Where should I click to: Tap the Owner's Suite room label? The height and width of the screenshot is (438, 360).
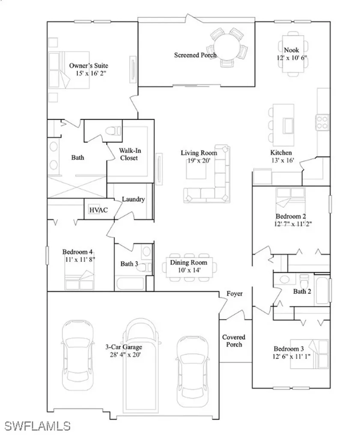tap(89, 66)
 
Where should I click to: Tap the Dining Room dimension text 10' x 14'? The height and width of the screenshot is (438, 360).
tap(188, 270)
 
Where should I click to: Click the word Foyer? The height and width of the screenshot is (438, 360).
tap(234, 294)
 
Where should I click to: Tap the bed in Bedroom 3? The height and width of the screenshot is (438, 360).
tap(316, 352)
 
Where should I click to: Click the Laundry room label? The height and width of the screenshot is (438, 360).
tap(133, 199)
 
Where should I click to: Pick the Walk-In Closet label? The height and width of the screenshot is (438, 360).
tap(128, 154)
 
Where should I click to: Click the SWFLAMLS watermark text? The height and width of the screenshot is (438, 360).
tap(37, 426)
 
